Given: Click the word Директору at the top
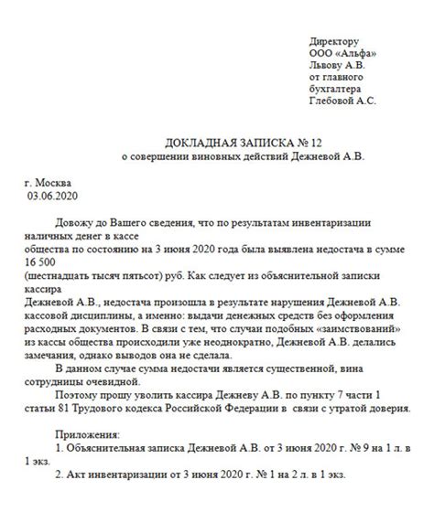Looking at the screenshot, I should (334, 43).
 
